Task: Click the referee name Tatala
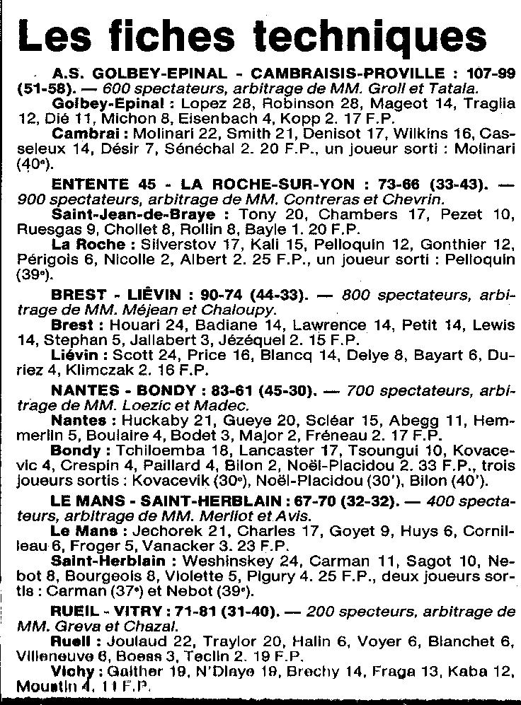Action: (454, 88)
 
